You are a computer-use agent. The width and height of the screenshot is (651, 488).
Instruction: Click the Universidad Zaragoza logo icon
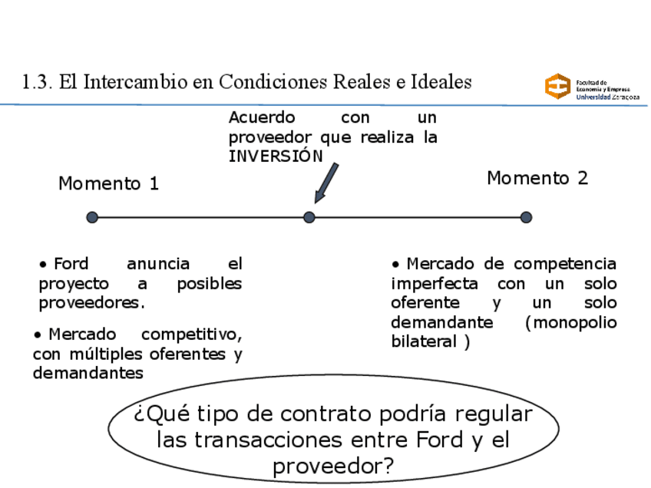coord(558,86)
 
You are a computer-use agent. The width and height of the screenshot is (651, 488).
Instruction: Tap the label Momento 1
coord(108,184)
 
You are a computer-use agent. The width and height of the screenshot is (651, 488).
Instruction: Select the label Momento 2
coord(537,179)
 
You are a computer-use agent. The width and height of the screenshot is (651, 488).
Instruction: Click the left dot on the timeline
coord(92,218)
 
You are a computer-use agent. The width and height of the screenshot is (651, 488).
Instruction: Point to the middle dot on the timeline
coord(309,218)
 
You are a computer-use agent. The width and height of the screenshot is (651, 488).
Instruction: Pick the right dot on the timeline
coord(526,218)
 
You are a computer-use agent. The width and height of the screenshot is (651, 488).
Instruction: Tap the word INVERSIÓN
coord(276,156)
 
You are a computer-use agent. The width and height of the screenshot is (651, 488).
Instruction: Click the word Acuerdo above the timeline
coord(262,118)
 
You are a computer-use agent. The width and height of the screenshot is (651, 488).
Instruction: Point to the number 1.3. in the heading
coord(38,81)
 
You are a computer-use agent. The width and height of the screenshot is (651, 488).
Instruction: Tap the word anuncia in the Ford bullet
coord(158,265)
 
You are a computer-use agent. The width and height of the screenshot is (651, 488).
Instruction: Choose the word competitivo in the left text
coord(192,335)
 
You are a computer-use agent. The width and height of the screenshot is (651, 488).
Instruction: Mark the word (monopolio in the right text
coord(571,323)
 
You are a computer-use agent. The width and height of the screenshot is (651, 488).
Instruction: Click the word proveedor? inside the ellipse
coord(332,466)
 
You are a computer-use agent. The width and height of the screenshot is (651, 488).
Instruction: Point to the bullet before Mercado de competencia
coord(396,265)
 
